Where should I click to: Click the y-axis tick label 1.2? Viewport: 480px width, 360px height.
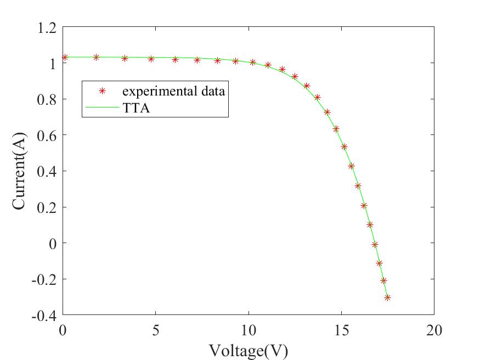[x=45, y=27]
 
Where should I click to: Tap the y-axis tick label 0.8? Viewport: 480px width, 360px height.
[x=45, y=99]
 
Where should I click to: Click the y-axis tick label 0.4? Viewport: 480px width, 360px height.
[x=45, y=171]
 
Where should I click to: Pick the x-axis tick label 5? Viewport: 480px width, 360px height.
[x=156, y=330]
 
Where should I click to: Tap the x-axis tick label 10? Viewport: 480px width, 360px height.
[x=249, y=330]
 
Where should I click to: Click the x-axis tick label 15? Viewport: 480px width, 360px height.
[x=341, y=330]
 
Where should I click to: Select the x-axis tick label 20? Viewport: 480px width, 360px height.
[x=434, y=330]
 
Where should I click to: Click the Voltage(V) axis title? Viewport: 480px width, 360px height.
[x=248, y=350]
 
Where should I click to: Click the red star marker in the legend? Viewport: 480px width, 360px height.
[x=101, y=91]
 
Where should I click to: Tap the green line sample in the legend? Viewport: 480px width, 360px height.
[x=101, y=108]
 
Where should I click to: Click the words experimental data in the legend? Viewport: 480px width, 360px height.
[x=173, y=91]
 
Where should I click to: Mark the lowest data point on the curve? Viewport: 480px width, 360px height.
[x=387, y=297]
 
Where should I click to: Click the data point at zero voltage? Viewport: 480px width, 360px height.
[x=65, y=57]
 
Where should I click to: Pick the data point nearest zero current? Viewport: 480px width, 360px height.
[x=375, y=244]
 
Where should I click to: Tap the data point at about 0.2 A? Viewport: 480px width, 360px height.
[x=364, y=206]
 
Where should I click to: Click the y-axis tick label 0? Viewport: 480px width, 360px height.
[x=53, y=243]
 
